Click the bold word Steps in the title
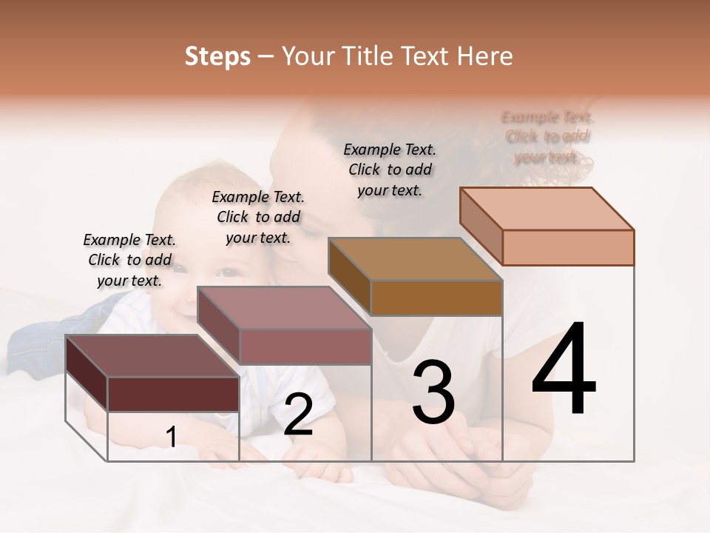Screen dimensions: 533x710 (x=217, y=56)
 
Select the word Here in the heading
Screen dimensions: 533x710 (x=485, y=56)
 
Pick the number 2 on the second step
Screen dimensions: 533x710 (x=298, y=415)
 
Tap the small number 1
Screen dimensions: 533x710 (x=172, y=438)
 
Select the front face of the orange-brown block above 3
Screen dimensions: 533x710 (x=436, y=298)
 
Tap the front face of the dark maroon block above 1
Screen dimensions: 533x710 (x=173, y=394)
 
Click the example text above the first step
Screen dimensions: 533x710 (x=129, y=260)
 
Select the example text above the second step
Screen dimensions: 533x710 (x=258, y=217)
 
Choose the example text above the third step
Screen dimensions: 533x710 (x=390, y=170)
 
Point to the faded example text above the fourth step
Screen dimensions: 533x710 (x=547, y=137)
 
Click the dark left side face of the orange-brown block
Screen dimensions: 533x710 (x=349, y=277)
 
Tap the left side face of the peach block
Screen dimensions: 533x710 (x=481, y=226)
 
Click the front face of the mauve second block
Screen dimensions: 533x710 (x=305, y=346)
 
